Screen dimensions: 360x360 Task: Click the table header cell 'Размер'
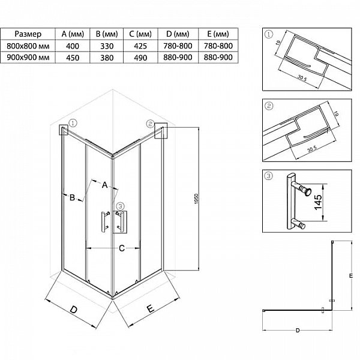coord(28,34)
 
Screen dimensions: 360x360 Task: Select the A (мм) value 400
coord(73,46)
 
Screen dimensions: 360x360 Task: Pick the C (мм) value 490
coord(140,58)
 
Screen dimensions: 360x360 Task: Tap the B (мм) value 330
coord(107,46)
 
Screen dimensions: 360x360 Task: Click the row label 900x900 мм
coord(28,58)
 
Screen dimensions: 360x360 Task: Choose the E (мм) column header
coord(218,34)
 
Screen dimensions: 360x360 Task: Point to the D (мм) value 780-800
coord(178,46)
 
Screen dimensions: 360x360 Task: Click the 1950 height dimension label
coord(196,199)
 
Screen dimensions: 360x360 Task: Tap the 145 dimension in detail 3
coord(318,202)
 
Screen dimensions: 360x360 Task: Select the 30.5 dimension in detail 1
coord(302,78)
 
